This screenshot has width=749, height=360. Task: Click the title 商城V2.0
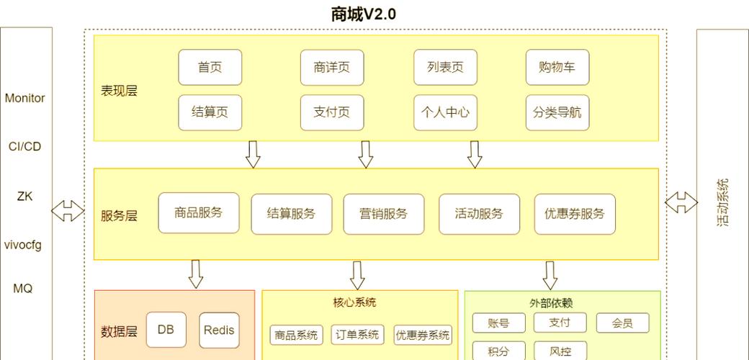pos(363,14)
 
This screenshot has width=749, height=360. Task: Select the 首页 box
pos(210,68)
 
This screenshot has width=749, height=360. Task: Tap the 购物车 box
pos(557,68)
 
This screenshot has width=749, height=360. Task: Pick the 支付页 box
pos(331,113)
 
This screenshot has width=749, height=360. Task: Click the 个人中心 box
pos(445,113)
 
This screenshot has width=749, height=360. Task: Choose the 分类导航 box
pos(557,113)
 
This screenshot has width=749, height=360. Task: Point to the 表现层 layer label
pos(119,91)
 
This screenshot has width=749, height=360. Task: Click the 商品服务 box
pos(198,213)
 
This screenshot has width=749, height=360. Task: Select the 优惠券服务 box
pos(574,214)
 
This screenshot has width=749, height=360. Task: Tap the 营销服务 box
pos(383,214)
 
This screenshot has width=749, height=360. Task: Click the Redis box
pos(219,330)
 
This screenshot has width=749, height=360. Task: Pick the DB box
pos(166,330)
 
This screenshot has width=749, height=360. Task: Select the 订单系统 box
pos(358,335)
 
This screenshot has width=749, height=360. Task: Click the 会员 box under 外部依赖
pos(622,323)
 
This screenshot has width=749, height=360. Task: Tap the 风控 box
pos(560,351)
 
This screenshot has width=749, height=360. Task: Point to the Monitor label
pos(24,98)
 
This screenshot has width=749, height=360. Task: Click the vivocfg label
pos(23,245)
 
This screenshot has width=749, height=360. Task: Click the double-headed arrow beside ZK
pos(68,211)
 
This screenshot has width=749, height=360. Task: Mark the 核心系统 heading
pos(354,302)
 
